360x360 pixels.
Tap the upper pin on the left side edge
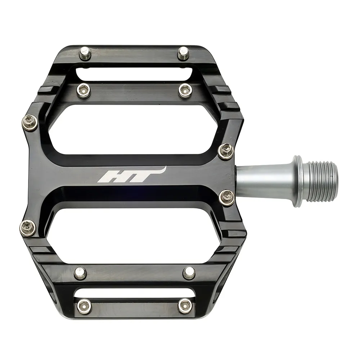(x=30, y=123)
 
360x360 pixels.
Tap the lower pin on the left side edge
(x=28, y=228)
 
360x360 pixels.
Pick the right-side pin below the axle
(x=227, y=197)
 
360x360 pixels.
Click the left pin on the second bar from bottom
(x=80, y=273)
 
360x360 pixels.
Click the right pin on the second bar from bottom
(x=189, y=273)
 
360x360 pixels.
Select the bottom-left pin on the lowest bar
(x=84, y=305)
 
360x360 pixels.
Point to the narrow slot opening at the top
(x=135, y=74)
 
